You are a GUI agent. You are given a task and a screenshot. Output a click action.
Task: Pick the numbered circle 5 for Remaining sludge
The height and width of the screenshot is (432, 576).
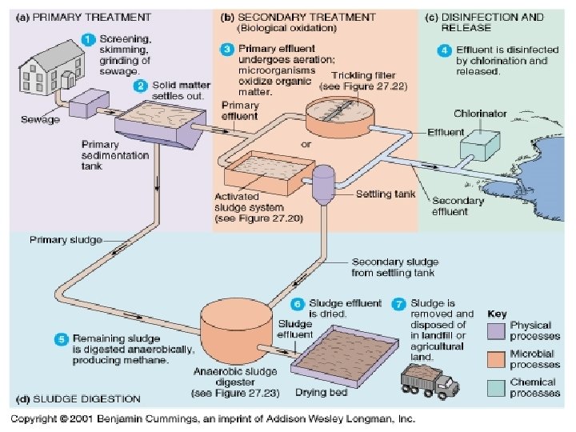tap(60, 339)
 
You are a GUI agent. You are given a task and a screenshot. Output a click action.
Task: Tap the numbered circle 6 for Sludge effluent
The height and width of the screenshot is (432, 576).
tap(296, 304)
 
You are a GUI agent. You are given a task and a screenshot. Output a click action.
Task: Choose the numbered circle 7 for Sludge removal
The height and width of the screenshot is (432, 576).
tap(398, 304)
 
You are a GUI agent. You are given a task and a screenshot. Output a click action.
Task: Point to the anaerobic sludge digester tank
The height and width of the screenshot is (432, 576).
tap(237, 328)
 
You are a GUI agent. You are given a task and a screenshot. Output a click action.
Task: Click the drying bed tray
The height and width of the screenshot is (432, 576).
tap(345, 358)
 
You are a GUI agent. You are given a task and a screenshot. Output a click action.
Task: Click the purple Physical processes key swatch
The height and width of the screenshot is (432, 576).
tap(497, 329)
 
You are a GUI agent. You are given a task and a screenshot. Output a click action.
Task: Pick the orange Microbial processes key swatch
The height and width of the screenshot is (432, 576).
tap(497, 358)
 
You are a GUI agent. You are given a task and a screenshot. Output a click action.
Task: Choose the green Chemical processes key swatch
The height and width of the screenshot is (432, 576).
tap(497, 386)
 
